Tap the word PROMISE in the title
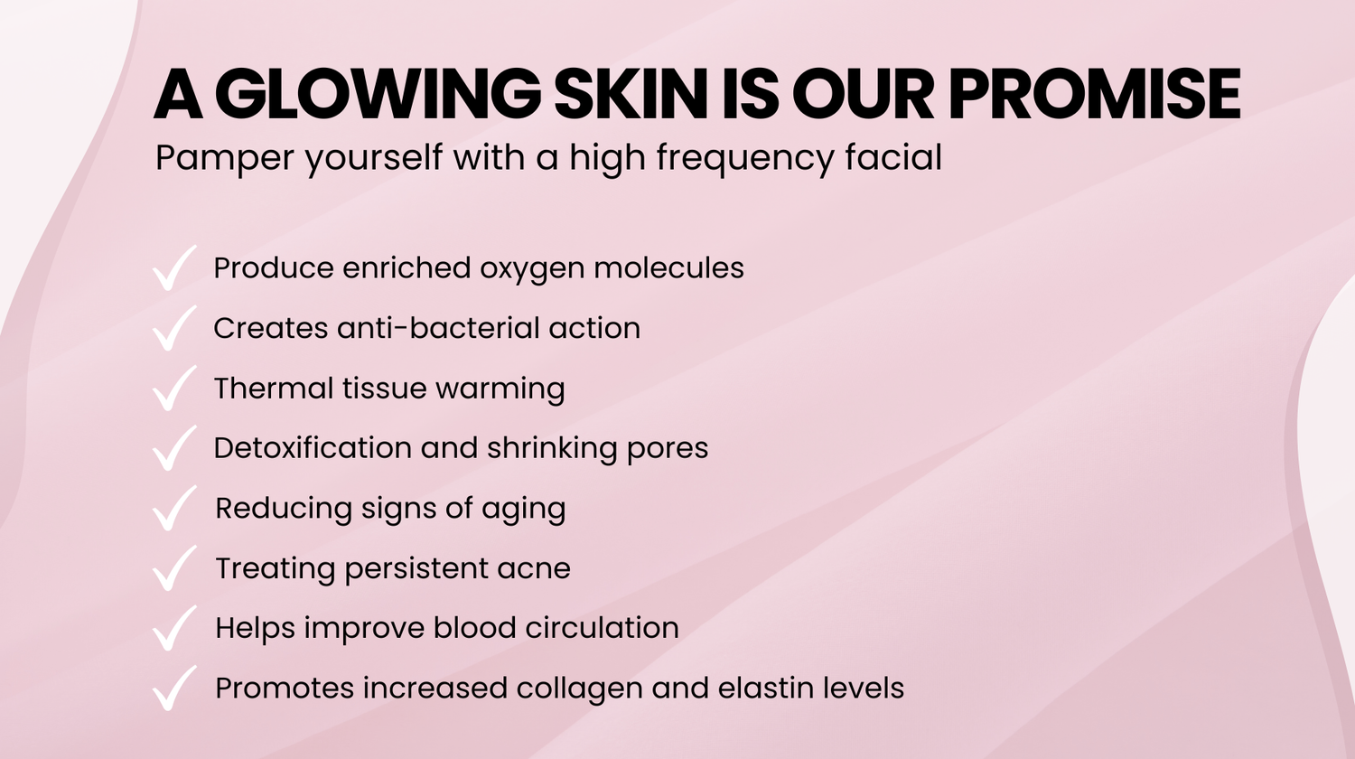coord(1095,94)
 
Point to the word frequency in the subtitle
coord(745,159)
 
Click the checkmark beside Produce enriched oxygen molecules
coord(175,268)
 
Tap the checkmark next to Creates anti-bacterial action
coord(175,328)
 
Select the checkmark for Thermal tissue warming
coord(175,388)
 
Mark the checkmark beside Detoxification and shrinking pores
coord(175,448)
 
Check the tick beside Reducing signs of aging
coord(175,508)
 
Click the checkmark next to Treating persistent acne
coord(175,567)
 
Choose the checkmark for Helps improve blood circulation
coord(175,628)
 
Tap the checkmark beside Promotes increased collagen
coord(175,688)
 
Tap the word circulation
coord(602,628)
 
